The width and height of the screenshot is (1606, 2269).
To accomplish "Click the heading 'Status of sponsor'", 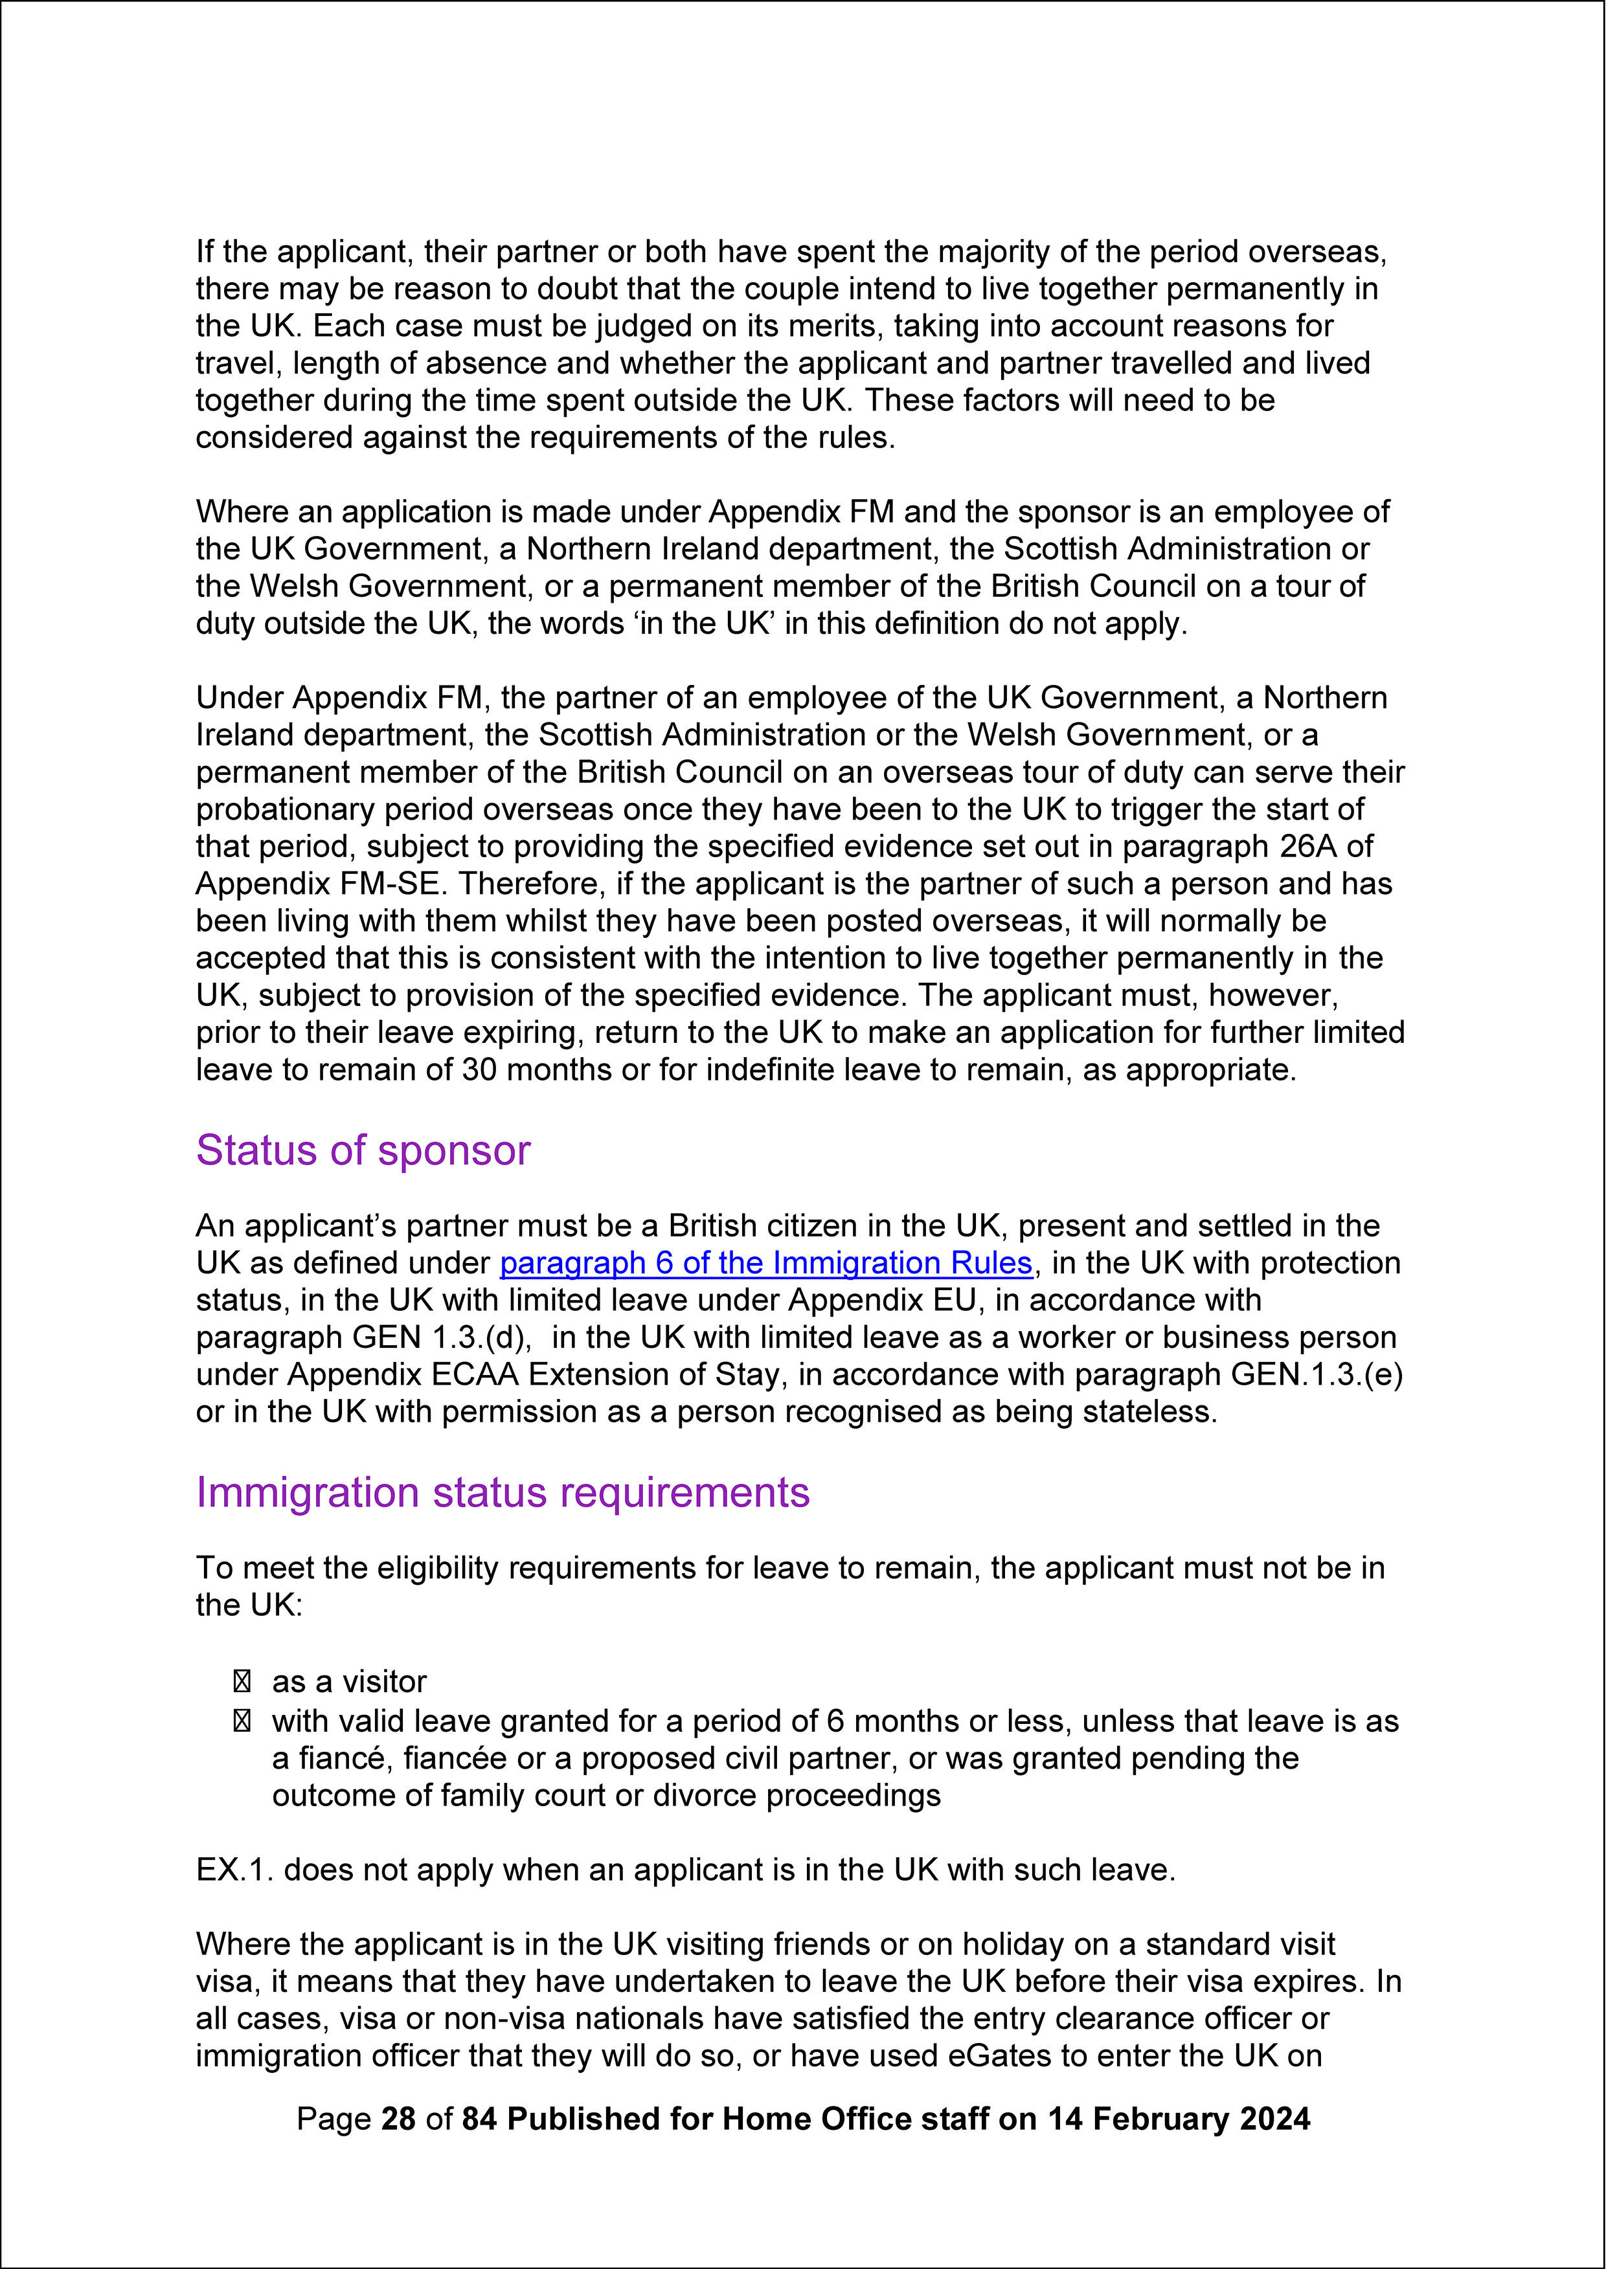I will [363, 1151].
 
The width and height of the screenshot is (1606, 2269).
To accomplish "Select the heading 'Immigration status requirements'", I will [503, 1493].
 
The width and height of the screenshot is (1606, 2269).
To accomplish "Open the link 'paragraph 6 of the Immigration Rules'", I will [765, 1264].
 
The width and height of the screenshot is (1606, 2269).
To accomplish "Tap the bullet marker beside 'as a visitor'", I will [242, 1682].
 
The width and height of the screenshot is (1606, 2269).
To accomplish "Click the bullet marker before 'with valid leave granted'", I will [242, 1721].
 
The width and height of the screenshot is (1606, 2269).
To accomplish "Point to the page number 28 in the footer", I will [398, 2119].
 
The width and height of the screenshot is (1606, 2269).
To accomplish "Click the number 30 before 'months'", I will [479, 1069].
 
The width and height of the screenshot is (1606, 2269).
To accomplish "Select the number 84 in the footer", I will [480, 2119].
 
